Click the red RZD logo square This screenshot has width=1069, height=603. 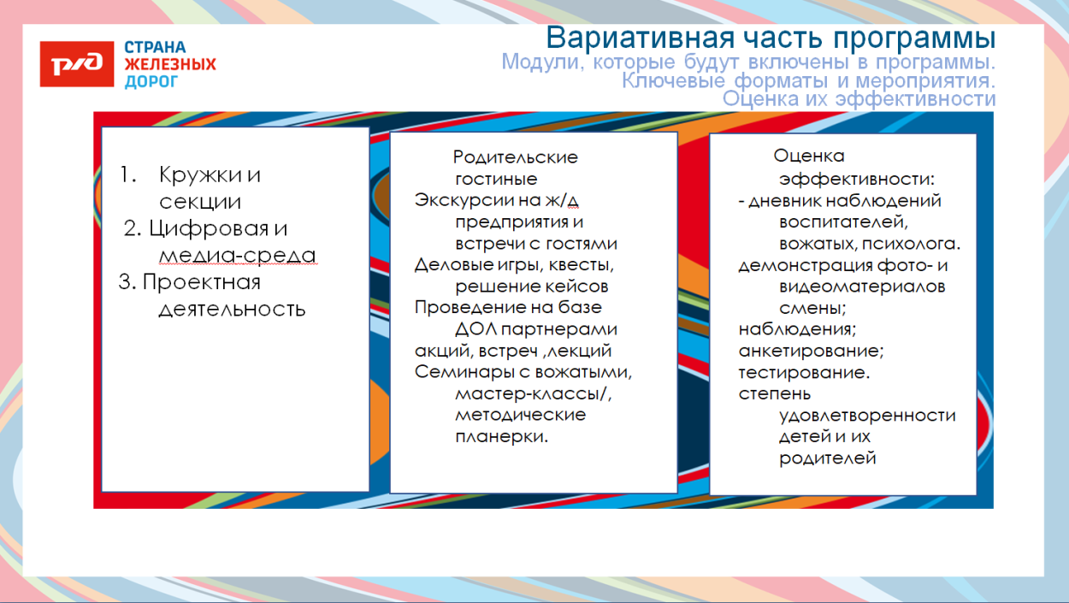coord(76,64)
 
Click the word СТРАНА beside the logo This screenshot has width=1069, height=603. coord(156,47)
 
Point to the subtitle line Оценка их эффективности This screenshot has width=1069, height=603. coord(859,99)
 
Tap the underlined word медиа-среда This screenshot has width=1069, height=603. coord(237,256)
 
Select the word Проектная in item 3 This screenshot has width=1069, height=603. coord(201,282)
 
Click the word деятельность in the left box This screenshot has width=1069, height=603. coord(232,309)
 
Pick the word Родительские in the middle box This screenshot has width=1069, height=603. coord(515,157)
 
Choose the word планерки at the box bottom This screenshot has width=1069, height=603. coord(501,436)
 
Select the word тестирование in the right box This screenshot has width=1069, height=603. coord(804,373)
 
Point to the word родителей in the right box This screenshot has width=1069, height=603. coord(828,458)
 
